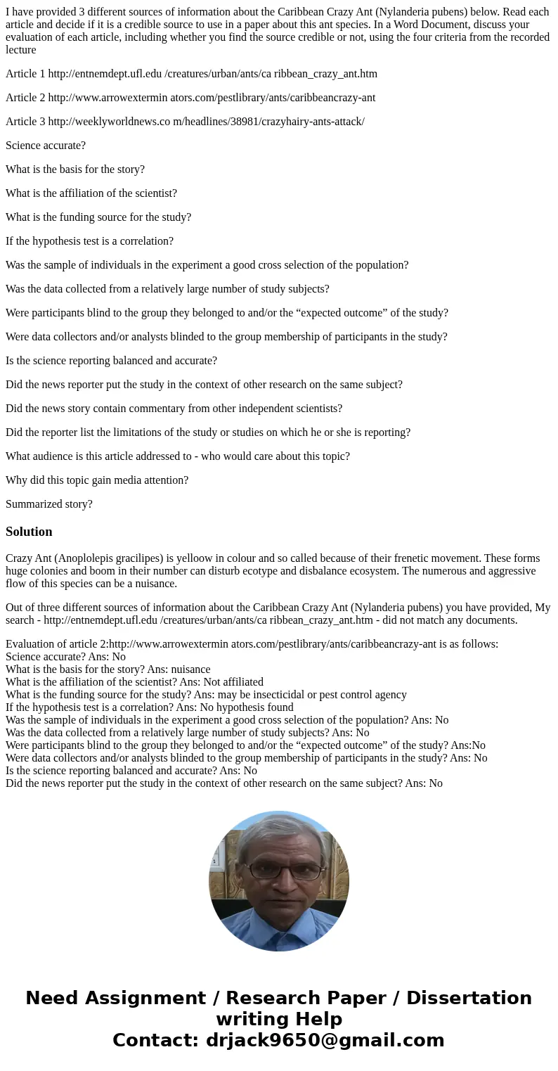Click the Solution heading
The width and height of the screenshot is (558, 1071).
[29, 532]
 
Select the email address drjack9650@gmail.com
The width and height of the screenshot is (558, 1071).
[325, 1040]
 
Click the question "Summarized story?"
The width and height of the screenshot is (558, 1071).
[49, 504]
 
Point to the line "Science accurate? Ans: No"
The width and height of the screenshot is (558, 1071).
[65, 657]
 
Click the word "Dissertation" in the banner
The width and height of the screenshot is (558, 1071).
[469, 998]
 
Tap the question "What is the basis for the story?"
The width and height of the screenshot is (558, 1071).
[75, 169]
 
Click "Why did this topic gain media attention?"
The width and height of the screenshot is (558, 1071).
[97, 480]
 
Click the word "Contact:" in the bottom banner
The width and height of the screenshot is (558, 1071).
[155, 1040]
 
